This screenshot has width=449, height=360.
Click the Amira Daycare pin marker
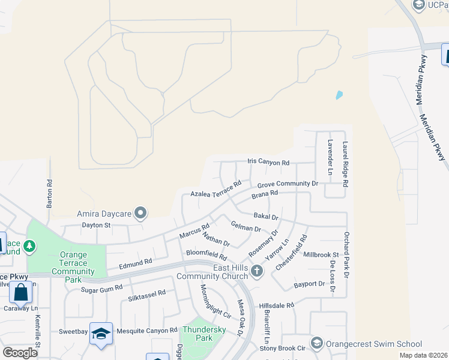pos(141,213)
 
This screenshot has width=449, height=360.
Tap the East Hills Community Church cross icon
pos(257,271)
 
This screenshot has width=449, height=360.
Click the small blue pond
pos(339,95)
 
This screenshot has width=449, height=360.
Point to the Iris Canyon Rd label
pos(268,163)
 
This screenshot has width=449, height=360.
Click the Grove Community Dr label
pos(288,184)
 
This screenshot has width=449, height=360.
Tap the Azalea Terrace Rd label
pos(215,189)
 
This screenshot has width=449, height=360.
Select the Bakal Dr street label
pos(266,216)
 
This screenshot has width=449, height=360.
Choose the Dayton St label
pos(96,226)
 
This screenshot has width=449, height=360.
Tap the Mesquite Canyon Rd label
pos(147,331)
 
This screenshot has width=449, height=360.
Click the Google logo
pos(20,352)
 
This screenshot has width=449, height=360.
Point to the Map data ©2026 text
pos(424,355)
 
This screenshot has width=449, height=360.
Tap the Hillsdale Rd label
pos(277,305)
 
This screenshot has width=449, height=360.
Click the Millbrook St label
pos(321,255)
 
